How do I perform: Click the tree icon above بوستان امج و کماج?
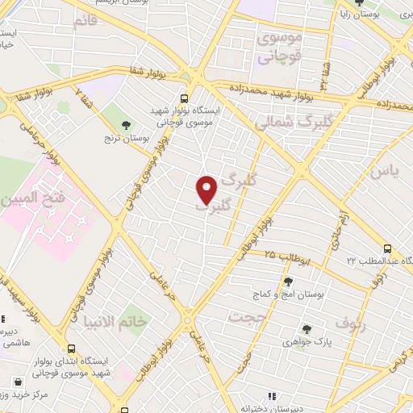[x=288, y=281]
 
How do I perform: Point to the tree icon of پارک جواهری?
[x=307, y=328]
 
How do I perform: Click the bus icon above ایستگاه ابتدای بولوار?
[x=72, y=349]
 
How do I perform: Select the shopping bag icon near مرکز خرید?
[x=18, y=380]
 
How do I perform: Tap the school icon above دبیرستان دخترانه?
[x=273, y=396]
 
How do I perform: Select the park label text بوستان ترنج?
[x=128, y=138]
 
